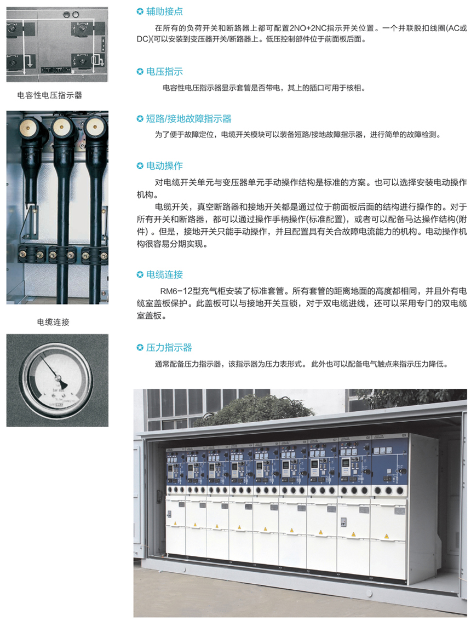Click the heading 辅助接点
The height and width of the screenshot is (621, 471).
tap(164, 12)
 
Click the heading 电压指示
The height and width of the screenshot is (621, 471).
tap(164, 72)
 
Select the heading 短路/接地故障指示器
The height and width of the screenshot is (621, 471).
tap(188, 119)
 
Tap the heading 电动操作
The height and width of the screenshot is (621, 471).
tap(164, 165)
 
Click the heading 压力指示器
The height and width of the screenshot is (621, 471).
tap(169, 347)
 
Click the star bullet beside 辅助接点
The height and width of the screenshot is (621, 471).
tap(140, 12)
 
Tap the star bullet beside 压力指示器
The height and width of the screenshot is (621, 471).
tap(140, 348)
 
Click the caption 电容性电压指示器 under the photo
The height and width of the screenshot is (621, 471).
tap(49, 95)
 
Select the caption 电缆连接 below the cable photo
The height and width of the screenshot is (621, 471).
tap(53, 323)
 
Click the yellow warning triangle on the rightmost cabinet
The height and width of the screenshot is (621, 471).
tap(386, 537)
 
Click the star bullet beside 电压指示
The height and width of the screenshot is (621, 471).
tap(140, 72)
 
